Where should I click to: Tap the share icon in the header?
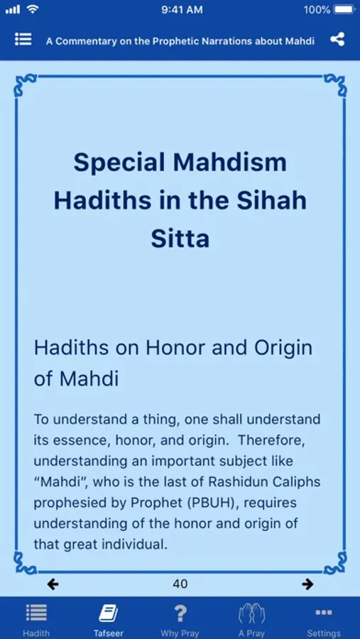pos(337,40)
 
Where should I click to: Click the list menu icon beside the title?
pos(23,39)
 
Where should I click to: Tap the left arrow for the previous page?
pos(53,584)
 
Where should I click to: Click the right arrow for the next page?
pos(308,584)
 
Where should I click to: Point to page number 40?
pos(180,584)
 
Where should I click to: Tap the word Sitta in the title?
pos(180,239)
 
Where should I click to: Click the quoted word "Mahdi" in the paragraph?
pos(62,482)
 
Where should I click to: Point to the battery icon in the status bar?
pos(344,10)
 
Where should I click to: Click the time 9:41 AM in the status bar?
pos(182,10)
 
